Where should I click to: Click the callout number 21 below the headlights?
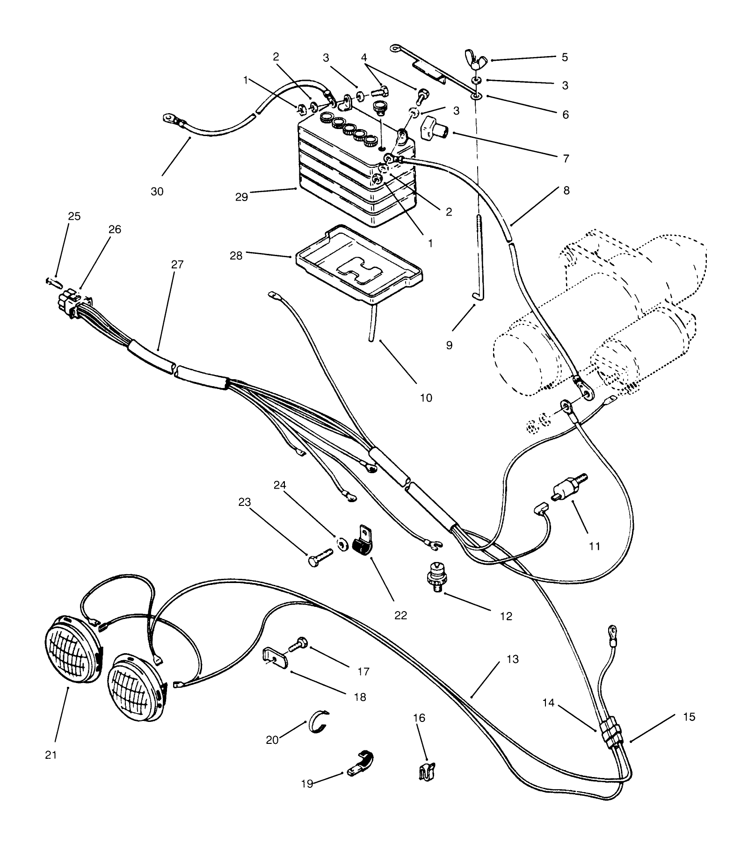[51, 755]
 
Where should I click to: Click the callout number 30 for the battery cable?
[157, 191]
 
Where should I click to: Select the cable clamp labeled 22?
[363, 541]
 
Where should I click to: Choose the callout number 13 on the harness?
[513, 659]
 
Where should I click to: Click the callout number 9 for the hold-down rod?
[449, 346]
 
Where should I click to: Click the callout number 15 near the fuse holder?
[689, 717]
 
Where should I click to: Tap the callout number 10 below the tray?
[426, 398]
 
